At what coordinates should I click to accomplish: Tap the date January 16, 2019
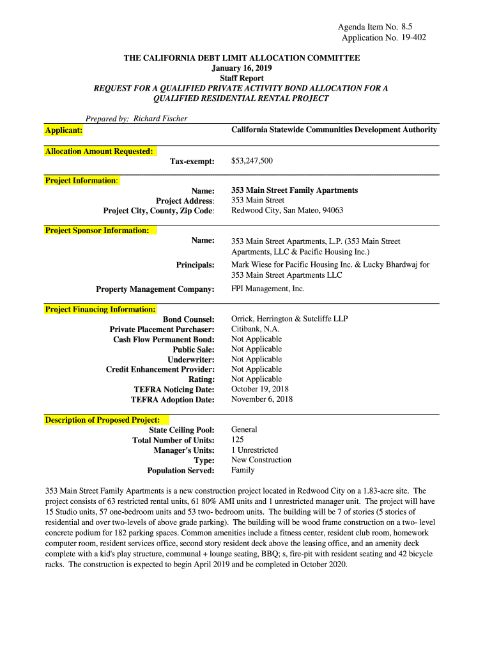(x=241, y=68)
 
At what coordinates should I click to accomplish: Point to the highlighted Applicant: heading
(x=63, y=130)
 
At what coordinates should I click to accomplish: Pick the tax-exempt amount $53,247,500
(x=252, y=161)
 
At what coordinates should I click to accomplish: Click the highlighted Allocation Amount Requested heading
(x=99, y=151)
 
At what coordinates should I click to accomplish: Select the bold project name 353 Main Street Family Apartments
(x=294, y=190)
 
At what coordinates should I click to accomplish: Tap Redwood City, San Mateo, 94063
(x=287, y=210)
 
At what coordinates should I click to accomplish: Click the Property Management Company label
(x=155, y=289)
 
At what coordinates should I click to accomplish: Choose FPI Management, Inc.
(x=268, y=289)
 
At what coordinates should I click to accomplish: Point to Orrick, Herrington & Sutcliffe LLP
(x=289, y=319)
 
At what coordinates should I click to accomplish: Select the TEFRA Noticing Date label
(x=174, y=390)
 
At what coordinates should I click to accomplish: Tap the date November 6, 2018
(x=261, y=399)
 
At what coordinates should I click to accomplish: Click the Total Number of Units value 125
(x=238, y=440)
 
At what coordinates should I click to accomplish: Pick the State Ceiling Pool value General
(x=244, y=430)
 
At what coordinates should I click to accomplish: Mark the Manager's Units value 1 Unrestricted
(x=254, y=450)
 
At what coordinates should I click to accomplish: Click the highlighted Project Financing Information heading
(x=100, y=310)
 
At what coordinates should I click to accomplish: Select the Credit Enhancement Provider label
(x=160, y=369)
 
